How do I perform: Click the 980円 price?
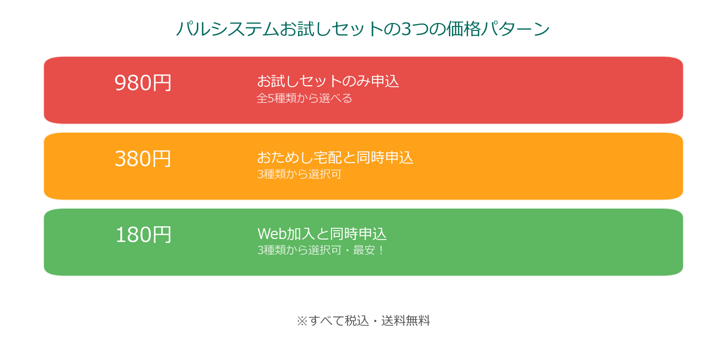[x=143, y=82]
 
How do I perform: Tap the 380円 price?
[x=143, y=158]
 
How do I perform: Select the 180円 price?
[x=143, y=234]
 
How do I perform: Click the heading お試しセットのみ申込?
[x=328, y=81]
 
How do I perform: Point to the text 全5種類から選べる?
[x=304, y=98]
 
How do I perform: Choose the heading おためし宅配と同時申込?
[x=335, y=157]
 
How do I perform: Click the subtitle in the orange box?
[x=299, y=174]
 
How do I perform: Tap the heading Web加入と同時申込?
[x=322, y=234]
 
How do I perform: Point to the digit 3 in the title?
[x=406, y=29]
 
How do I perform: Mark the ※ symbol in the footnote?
[x=302, y=321]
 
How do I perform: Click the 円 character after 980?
[x=162, y=82]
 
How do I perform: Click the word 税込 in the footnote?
[x=357, y=321]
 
